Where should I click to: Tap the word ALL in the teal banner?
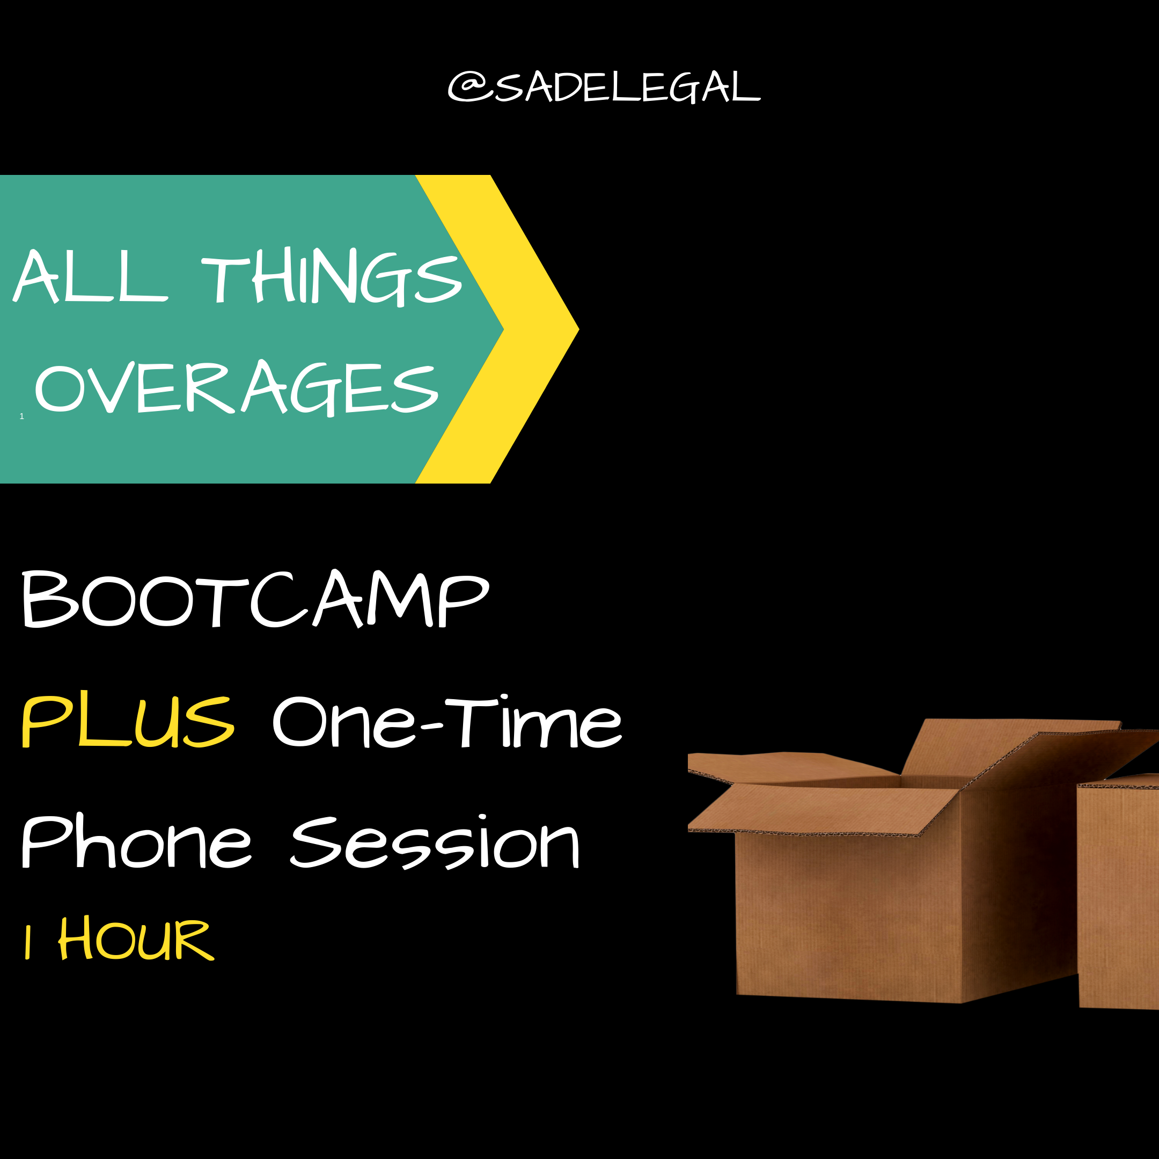90,275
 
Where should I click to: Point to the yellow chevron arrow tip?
578,329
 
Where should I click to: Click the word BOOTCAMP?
255,599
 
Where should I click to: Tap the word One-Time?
448,721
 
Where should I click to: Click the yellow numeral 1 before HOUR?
27,941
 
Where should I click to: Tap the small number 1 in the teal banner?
21,416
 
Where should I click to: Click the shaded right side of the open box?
1020,888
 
